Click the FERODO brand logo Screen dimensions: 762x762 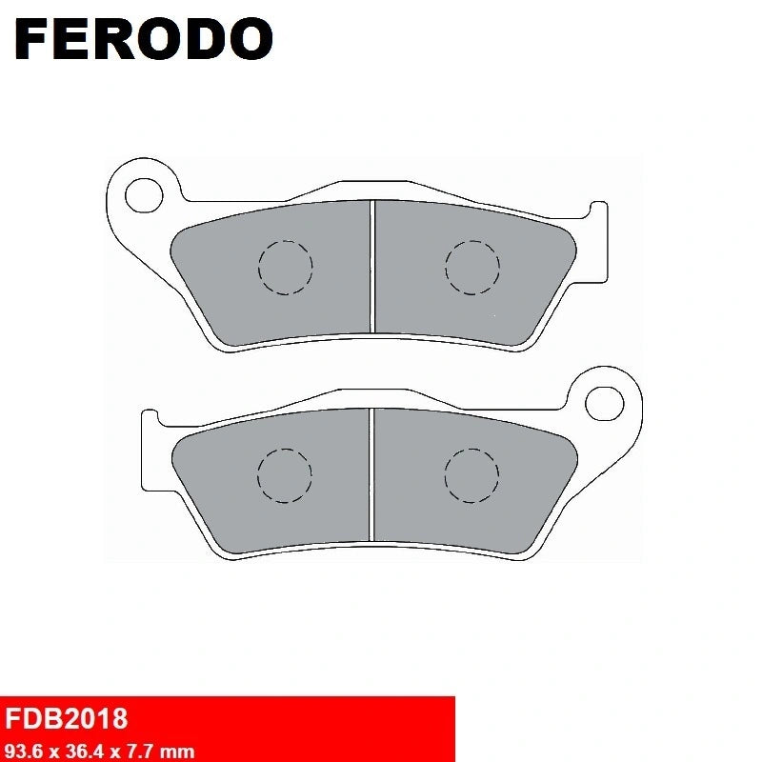144,39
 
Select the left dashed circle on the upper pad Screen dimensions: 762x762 285,266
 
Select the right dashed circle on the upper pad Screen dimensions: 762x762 471,266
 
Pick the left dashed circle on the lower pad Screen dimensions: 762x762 285,474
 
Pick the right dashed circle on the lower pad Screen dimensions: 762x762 471,474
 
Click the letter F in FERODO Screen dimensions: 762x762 34,39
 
